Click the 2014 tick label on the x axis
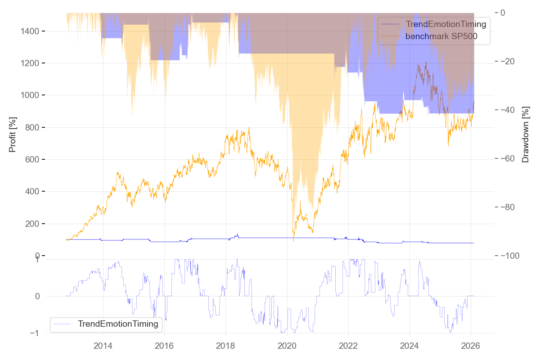point(103,346)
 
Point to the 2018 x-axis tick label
point(225,346)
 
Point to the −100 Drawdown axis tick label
point(508,256)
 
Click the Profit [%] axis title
point(13,134)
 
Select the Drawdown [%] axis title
point(525,134)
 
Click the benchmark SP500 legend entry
point(441,36)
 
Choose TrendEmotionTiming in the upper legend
point(445,24)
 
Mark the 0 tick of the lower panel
point(38,296)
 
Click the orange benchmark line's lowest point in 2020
point(293,241)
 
